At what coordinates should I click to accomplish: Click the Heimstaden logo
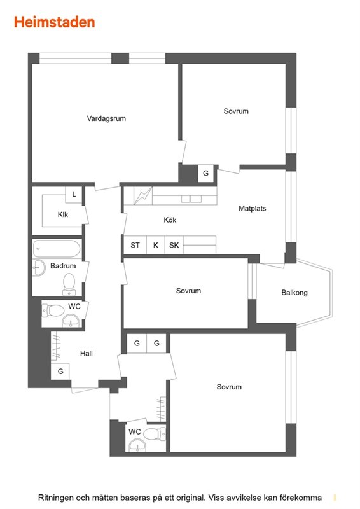[54, 22]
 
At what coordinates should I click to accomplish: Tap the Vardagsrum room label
[106, 118]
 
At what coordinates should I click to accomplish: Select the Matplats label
[253, 209]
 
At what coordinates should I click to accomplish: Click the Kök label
[170, 220]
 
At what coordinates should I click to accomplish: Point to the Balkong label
[294, 293]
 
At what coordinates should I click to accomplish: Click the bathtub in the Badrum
[57, 249]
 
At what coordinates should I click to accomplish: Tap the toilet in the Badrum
[69, 284]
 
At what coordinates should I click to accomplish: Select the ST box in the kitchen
[135, 245]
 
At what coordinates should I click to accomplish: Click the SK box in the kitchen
[174, 245]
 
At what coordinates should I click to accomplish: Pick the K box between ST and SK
[156, 245]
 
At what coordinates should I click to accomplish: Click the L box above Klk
[74, 195]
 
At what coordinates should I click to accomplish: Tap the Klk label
[63, 214]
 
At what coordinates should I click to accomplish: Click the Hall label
[87, 354]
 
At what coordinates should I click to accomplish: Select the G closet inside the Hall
[60, 371]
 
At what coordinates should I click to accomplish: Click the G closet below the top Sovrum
[206, 173]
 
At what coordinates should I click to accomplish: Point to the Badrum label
[63, 266]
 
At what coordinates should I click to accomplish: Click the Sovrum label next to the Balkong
[188, 291]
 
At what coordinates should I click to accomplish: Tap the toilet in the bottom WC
[154, 434]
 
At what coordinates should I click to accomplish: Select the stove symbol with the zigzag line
[143, 196]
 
